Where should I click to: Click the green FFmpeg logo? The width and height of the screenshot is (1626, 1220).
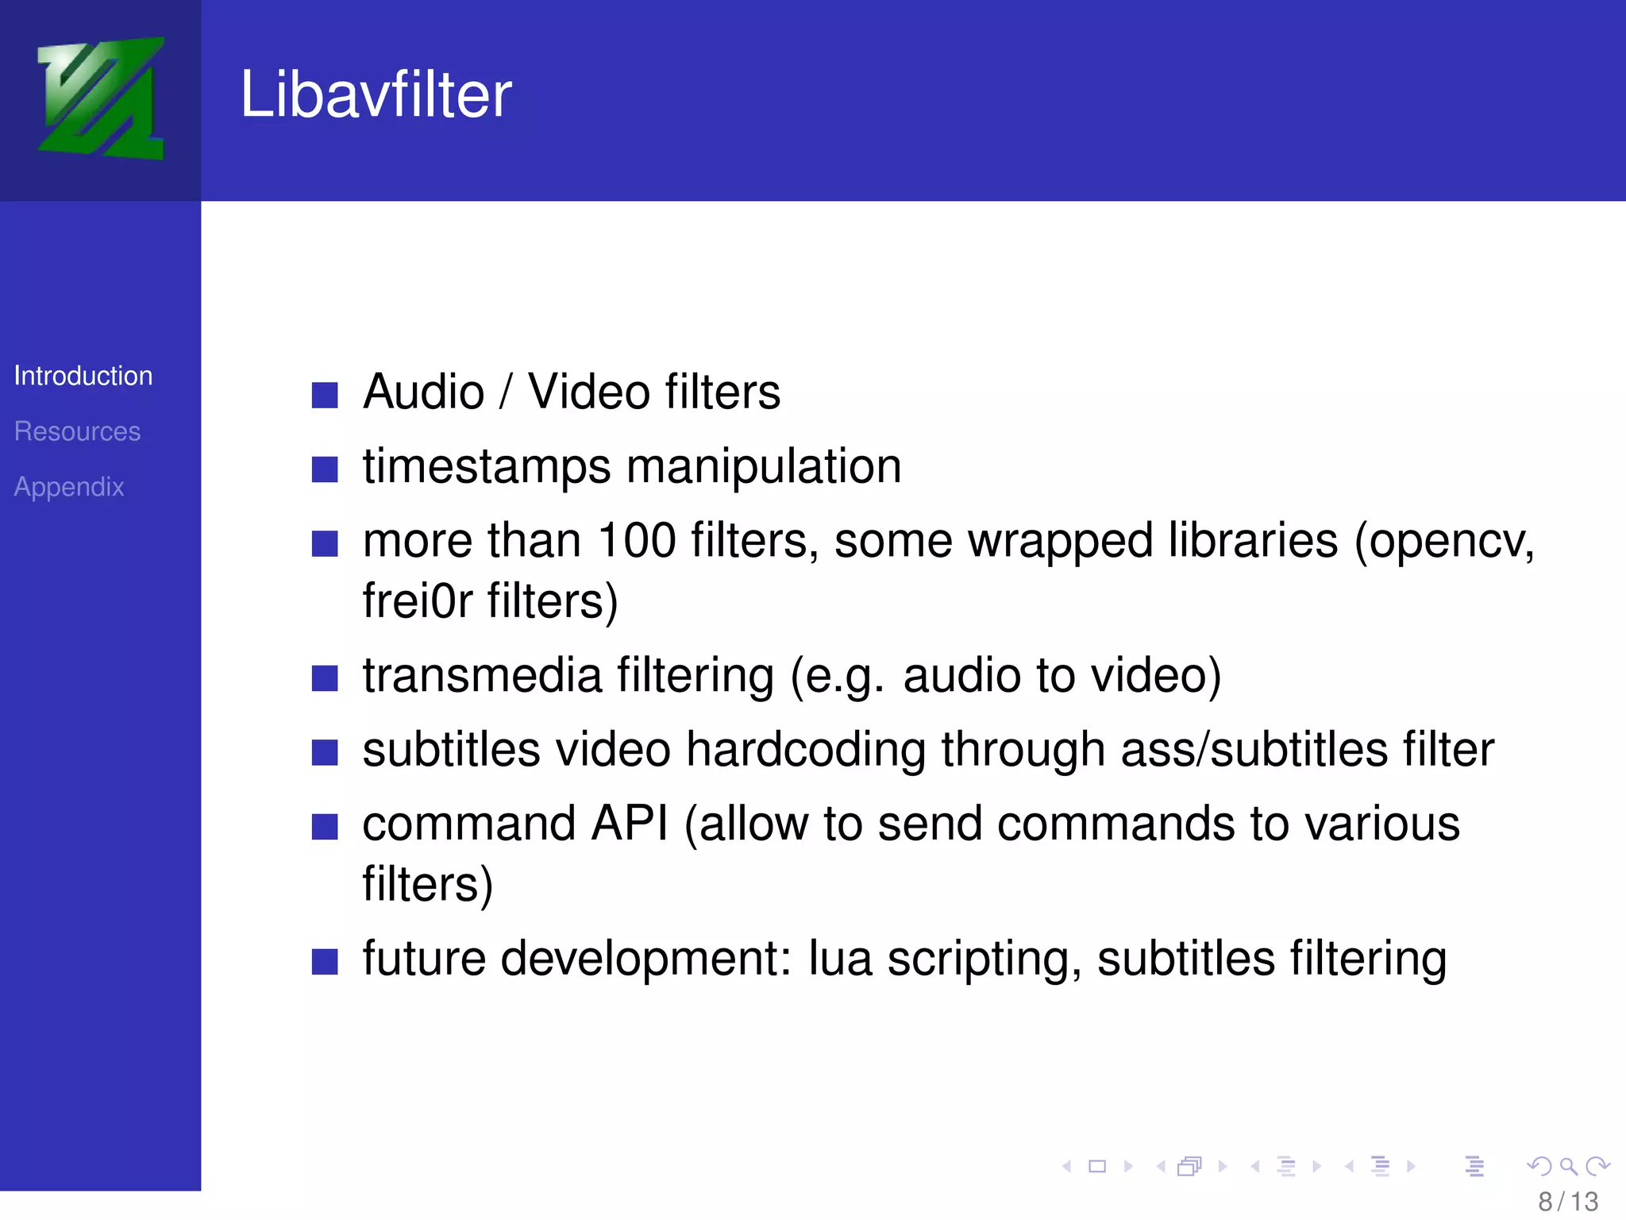pyautogui.click(x=101, y=98)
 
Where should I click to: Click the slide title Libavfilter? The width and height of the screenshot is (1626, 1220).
pyautogui.click(x=376, y=95)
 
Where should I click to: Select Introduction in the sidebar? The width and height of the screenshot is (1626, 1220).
pyautogui.click(x=83, y=376)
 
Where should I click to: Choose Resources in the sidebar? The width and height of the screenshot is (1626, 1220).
pyautogui.click(x=77, y=431)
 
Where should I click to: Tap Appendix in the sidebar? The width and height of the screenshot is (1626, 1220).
pyautogui.click(x=69, y=487)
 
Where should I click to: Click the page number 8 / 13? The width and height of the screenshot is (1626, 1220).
pyautogui.click(x=1568, y=1201)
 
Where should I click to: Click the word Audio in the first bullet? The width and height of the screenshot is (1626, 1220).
pyautogui.click(x=423, y=392)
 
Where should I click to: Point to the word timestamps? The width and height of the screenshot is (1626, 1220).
pyautogui.click(x=487, y=466)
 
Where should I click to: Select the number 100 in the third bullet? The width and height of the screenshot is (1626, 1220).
pyautogui.click(x=636, y=541)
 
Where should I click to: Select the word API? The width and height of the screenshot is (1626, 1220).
pyautogui.click(x=630, y=824)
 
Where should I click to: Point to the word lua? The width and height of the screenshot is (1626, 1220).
pyautogui.click(x=840, y=959)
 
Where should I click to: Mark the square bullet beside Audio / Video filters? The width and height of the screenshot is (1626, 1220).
pyautogui.click(x=325, y=395)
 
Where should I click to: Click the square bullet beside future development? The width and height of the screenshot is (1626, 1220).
pyautogui.click(x=325, y=961)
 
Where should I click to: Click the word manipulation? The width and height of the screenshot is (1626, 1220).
pyautogui.click(x=764, y=466)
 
